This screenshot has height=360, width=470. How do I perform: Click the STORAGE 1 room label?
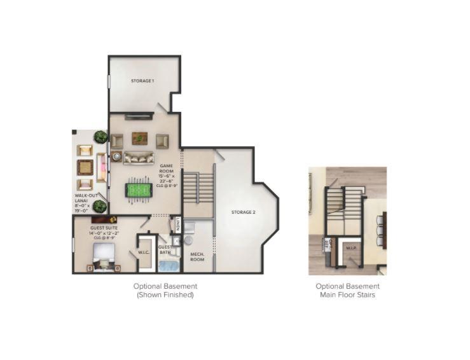click(x=142, y=81)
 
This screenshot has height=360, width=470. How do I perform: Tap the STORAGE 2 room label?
click(x=243, y=212)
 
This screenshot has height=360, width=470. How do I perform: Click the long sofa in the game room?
click(x=139, y=158)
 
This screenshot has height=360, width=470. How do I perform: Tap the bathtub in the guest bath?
click(x=169, y=266)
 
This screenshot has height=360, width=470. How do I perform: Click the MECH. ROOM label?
click(x=197, y=257)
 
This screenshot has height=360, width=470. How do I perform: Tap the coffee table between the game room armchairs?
click(x=139, y=138)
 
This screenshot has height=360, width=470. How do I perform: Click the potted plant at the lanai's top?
click(x=100, y=137)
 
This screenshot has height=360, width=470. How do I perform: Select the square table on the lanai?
click(x=85, y=167)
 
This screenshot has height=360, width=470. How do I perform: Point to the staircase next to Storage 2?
click(x=198, y=186)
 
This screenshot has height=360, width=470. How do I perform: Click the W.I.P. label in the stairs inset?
click(x=350, y=249)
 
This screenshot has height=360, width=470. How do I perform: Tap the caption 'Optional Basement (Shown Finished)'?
click(x=165, y=291)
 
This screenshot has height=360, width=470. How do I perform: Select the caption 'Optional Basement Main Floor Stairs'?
click(x=347, y=291)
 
